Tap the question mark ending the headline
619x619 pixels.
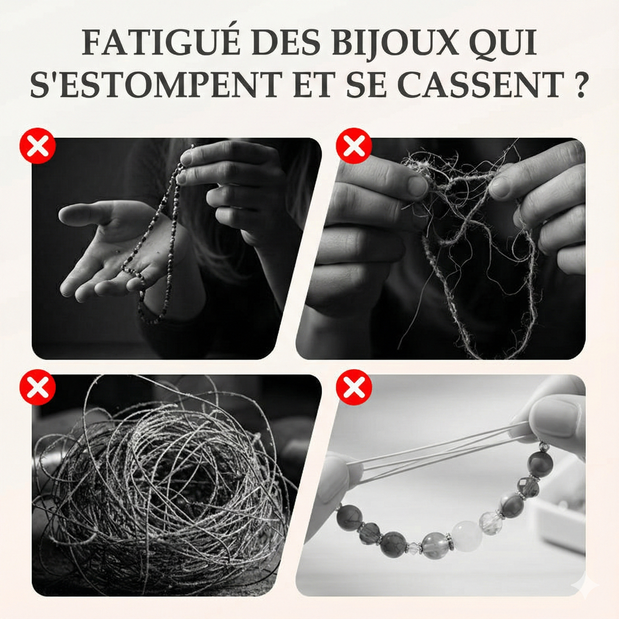click(x=580, y=84)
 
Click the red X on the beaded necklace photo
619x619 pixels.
click(x=38, y=146)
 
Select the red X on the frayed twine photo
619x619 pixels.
click(x=353, y=146)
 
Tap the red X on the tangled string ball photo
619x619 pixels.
click(x=38, y=387)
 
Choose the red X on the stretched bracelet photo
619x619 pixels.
click(x=353, y=387)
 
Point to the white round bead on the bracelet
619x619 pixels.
click(x=466, y=535)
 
